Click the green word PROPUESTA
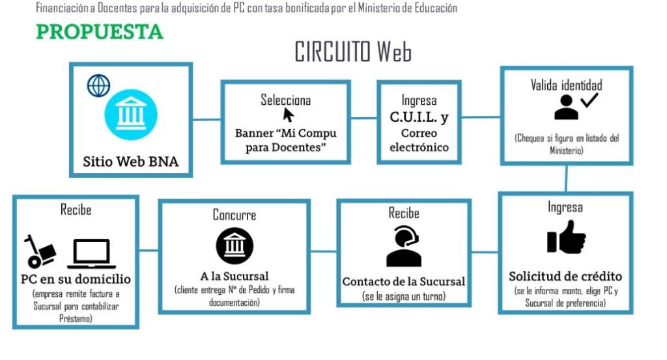(100, 31)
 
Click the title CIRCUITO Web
(353, 51)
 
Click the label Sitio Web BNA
(130, 161)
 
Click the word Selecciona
(285, 100)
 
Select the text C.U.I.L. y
(419, 118)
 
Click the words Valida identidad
(566, 85)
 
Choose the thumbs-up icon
(565, 237)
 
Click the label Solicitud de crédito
(565, 275)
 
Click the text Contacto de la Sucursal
(404, 282)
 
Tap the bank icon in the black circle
(234, 245)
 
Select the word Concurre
(234, 215)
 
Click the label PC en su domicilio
(76, 279)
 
